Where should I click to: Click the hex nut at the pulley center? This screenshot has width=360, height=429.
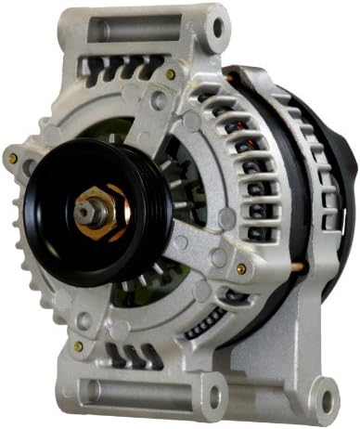(96, 209)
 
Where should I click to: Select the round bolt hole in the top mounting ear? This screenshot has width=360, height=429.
(218, 25)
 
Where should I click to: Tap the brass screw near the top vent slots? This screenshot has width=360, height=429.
(170, 74)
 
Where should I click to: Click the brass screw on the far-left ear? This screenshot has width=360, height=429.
(12, 159)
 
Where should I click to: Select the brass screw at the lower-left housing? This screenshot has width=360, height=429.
(78, 345)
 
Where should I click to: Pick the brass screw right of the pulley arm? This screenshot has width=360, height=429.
(240, 268)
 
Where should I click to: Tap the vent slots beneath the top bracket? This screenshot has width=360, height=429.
(116, 67)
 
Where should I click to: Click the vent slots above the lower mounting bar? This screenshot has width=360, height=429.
(130, 353)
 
